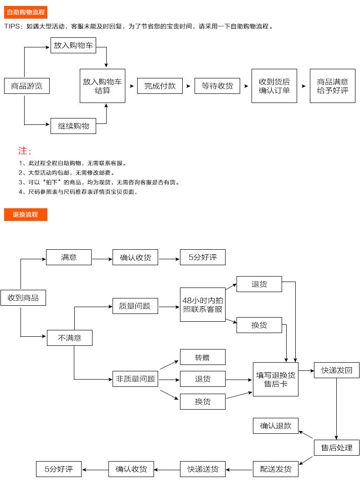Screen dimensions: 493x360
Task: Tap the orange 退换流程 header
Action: pos(26,215)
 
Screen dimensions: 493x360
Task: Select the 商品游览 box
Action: pos(26,86)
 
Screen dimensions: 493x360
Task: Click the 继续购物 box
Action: pos(73,126)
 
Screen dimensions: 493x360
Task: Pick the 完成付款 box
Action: pos(160,86)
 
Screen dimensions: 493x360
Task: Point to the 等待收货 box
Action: pos(217,86)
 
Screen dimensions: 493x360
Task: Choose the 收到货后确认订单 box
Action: pos(274,86)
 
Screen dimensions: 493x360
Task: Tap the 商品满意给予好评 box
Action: pos(333,86)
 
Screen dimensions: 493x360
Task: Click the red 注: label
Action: pos(25,151)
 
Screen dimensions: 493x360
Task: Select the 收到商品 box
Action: pos(23,298)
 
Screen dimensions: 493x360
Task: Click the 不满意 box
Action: pos(70,338)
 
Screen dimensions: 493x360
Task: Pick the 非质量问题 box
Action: pos(136,379)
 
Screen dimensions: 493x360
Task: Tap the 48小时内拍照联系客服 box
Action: pos(203,304)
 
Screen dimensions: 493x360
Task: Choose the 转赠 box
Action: pos(203,357)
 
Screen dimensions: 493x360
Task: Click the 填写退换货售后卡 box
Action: pos(276,379)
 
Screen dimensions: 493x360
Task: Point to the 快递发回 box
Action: pos(337,370)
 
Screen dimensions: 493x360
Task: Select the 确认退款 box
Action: pos(276,426)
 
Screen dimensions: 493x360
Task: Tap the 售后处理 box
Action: pos(337,447)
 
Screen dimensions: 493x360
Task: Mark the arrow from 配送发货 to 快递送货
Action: pos(239,469)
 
